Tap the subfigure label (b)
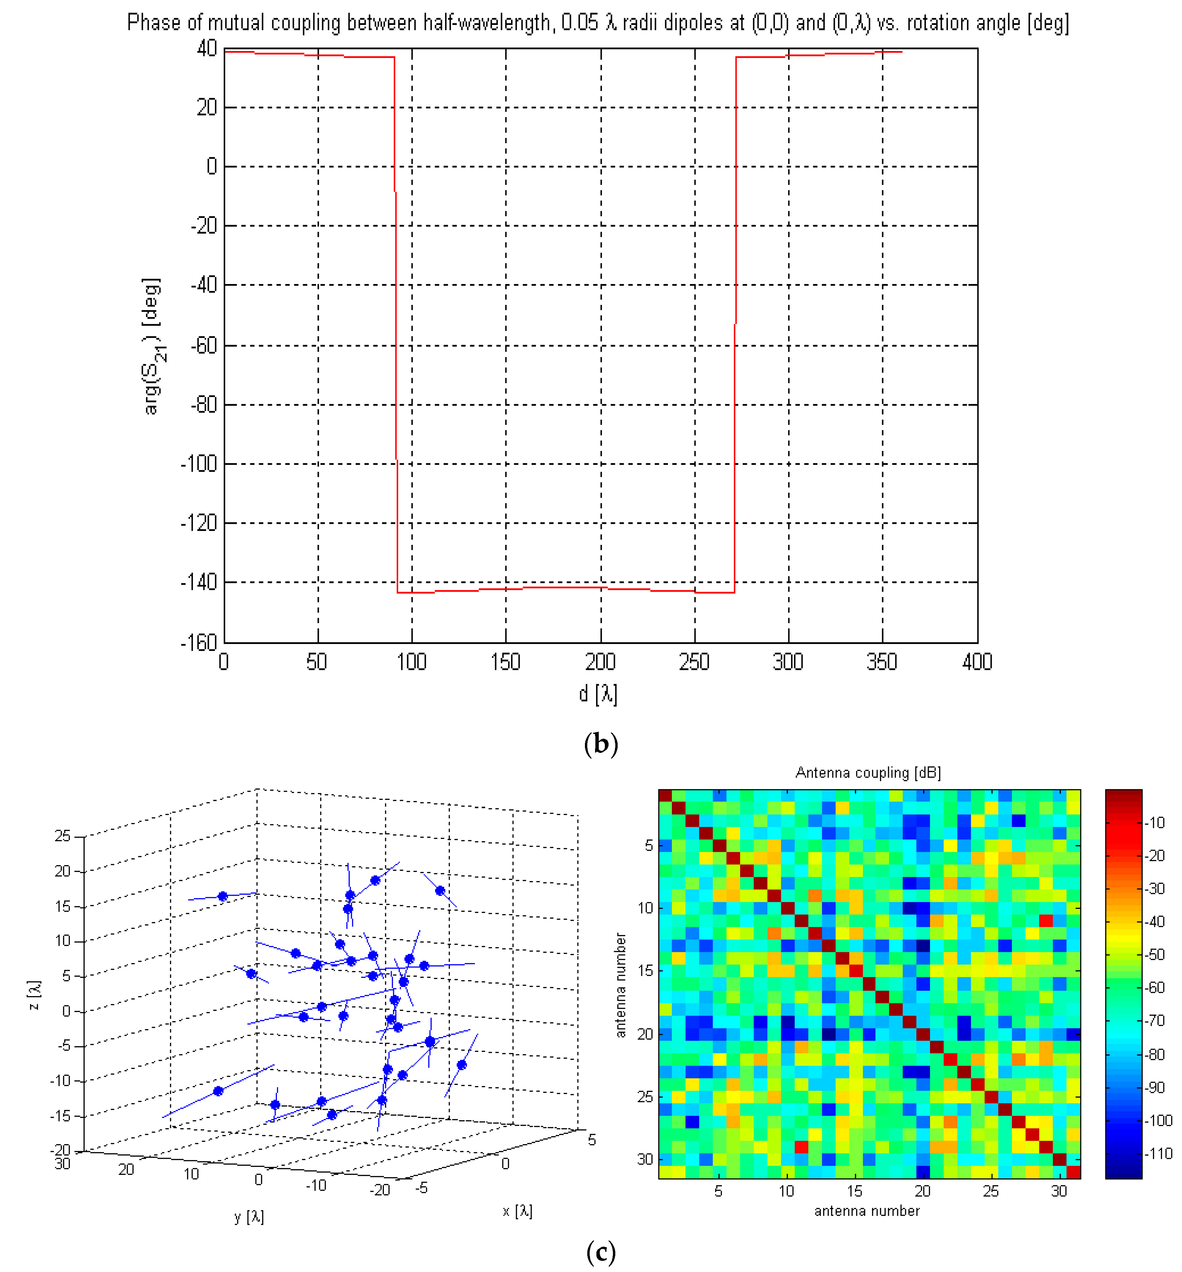click(600, 744)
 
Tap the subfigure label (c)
click(600, 1252)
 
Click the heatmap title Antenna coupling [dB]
click(868, 772)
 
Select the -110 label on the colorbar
click(1158, 1154)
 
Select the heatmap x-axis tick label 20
click(922, 1191)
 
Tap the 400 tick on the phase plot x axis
click(977, 662)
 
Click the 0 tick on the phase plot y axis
click(212, 167)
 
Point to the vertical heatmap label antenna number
click(620, 985)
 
